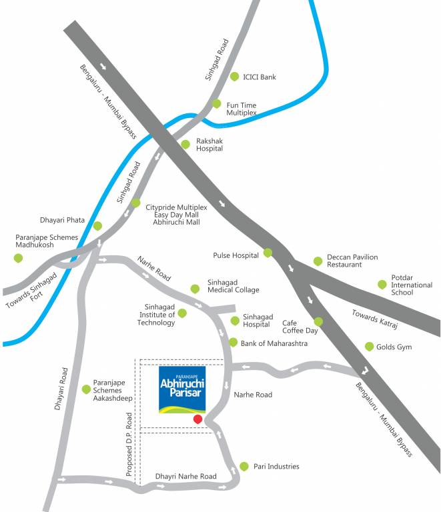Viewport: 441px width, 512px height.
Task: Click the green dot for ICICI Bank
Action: pyautogui.click(x=234, y=77)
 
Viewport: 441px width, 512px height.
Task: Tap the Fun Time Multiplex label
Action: pyautogui.click(x=242, y=109)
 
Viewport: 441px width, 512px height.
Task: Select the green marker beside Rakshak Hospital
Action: pyautogui.click(x=185, y=144)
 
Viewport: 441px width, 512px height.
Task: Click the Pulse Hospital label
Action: pyautogui.click(x=236, y=255)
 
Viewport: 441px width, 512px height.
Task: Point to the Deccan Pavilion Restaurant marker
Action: pyautogui.click(x=318, y=261)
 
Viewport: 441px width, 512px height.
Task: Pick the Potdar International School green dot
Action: pyautogui.click(x=382, y=285)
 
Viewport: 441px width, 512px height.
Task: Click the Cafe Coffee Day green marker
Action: pyautogui.click(x=318, y=321)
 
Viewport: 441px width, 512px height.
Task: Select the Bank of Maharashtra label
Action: pyautogui.click(x=274, y=343)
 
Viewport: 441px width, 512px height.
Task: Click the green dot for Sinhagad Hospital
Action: pyautogui.click(x=234, y=321)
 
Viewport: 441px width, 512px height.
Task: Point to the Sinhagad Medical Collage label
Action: pyautogui.click(x=233, y=285)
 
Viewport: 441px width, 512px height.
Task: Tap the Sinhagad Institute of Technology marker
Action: pyautogui.click(x=182, y=313)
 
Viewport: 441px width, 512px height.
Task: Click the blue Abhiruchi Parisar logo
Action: pyautogui.click(x=182, y=389)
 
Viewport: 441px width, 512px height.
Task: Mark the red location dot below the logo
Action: pyautogui.click(x=197, y=419)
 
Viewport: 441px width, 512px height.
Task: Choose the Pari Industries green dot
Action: pyautogui.click(x=244, y=466)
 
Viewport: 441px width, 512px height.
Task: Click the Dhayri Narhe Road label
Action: pyautogui.click(x=185, y=477)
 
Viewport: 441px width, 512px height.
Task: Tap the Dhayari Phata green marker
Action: pyautogui.click(x=97, y=226)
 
